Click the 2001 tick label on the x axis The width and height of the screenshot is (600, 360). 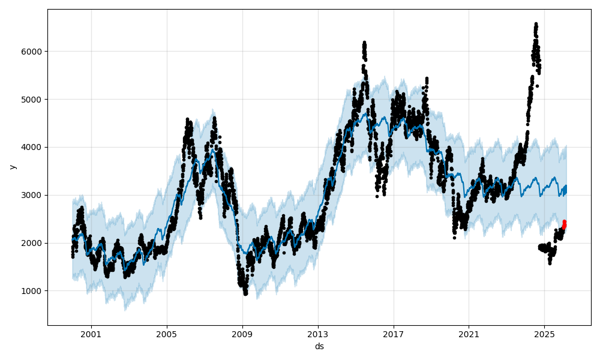(x=91, y=334)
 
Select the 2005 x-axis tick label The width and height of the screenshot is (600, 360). (x=167, y=334)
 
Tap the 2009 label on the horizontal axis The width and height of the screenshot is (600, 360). (x=242, y=334)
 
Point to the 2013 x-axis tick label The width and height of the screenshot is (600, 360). (x=318, y=334)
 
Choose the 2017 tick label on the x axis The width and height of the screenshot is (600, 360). (x=394, y=334)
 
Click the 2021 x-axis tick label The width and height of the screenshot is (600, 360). (x=469, y=334)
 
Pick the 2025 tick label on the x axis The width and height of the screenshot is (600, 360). (x=544, y=334)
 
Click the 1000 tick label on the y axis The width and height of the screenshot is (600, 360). (x=34, y=291)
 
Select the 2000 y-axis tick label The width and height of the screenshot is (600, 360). (x=34, y=243)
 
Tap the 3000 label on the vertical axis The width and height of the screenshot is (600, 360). (x=34, y=195)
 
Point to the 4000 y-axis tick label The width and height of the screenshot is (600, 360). (x=34, y=147)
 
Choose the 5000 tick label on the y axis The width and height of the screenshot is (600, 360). (x=34, y=99)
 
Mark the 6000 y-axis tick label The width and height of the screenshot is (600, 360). (x=34, y=52)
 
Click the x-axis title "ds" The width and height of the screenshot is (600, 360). (x=319, y=346)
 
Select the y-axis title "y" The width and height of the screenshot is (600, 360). (x=13, y=167)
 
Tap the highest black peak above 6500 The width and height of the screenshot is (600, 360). (x=536, y=25)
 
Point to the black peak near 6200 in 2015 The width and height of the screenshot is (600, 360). (x=364, y=43)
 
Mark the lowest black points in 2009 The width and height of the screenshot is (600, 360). (x=245, y=293)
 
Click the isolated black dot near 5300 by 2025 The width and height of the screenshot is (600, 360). (x=537, y=86)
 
